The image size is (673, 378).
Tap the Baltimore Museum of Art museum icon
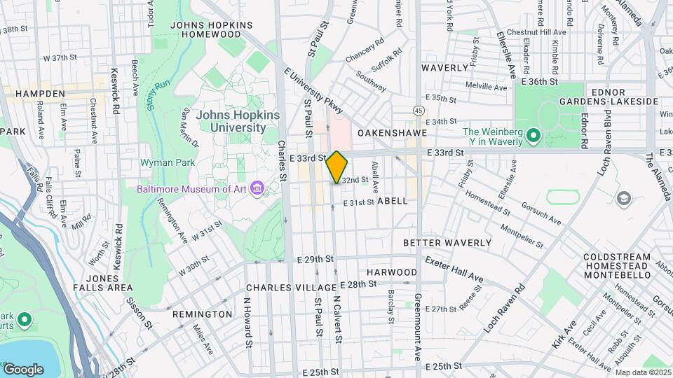click(x=257, y=190)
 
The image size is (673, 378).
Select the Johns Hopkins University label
click(x=238, y=121)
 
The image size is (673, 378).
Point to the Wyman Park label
click(x=163, y=162)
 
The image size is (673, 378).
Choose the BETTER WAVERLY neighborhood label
click(x=447, y=243)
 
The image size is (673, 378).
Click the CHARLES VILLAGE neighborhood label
click(x=291, y=288)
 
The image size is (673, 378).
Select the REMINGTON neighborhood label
click(x=203, y=314)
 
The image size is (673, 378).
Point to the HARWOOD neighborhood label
click(x=392, y=272)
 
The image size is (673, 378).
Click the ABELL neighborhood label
click(x=392, y=200)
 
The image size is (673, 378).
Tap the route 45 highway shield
click(x=419, y=110)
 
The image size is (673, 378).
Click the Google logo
click(x=23, y=369)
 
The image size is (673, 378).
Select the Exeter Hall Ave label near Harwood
click(x=454, y=269)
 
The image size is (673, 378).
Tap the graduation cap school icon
click(x=622, y=199)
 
